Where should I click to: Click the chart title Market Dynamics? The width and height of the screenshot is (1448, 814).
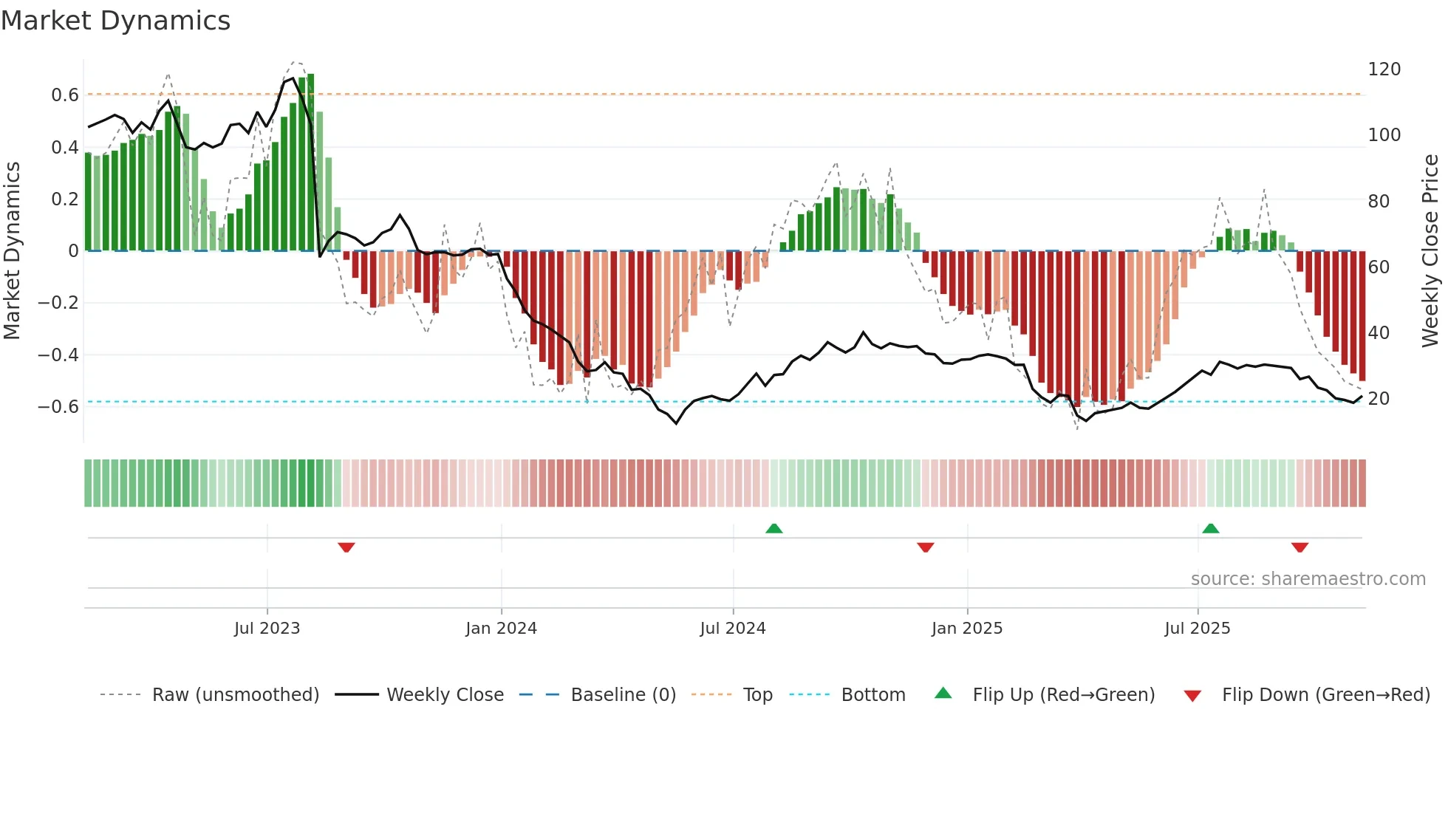tap(115, 21)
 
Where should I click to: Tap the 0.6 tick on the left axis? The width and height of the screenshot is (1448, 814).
tap(65, 95)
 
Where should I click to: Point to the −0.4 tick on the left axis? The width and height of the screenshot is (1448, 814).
tap(58, 355)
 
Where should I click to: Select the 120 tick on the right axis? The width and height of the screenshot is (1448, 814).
tap(1384, 69)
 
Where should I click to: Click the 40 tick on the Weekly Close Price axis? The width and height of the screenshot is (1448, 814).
tap(1379, 333)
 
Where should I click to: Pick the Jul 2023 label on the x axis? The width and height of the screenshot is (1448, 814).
tap(267, 629)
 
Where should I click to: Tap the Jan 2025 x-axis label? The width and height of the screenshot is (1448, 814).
tap(966, 629)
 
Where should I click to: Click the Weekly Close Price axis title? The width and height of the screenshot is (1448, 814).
tap(1430, 251)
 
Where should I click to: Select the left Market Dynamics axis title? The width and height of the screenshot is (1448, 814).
tap(12, 251)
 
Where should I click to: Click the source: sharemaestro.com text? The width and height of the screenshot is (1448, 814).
tap(1308, 579)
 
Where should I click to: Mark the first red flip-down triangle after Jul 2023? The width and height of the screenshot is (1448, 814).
tap(346, 547)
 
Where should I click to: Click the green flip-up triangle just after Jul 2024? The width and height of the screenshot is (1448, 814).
tap(773, 529)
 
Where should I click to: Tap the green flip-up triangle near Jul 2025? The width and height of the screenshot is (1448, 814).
tap(1210, 529)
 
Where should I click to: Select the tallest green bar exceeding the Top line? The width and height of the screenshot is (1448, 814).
tap(311, 163)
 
